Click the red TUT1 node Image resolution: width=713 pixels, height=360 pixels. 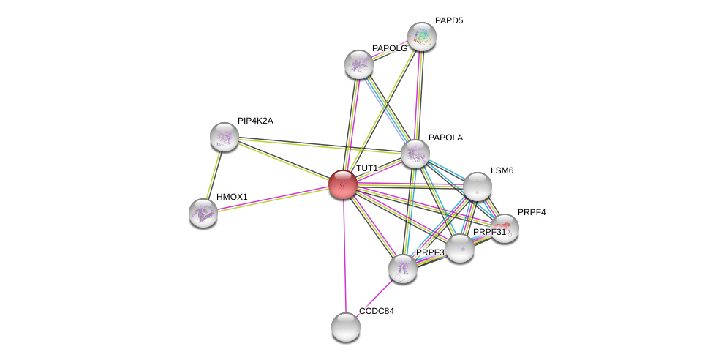[x=342, y=184]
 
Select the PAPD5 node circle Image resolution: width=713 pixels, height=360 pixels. [x=422, y=37]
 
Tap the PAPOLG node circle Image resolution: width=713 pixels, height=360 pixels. [x=359, y=64]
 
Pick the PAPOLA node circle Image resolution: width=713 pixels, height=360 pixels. [x=415, y=154]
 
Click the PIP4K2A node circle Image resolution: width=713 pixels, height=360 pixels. [x=225, y=137]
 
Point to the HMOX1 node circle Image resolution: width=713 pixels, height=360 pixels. [x=203, y=213]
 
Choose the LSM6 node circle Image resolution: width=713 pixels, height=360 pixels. [x=477, y=187]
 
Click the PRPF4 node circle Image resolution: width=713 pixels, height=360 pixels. [x=505, y=228]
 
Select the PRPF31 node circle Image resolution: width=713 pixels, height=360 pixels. [x=459, y=248]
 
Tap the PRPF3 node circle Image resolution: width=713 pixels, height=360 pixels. [x=403, y=269]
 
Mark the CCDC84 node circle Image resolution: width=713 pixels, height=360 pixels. [x=346, y=326]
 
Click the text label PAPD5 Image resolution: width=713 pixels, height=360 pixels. [x=449, y=20]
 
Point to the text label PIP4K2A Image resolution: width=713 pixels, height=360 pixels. [x=255, y=121]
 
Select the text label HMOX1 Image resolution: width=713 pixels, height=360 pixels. [x=232, y=197]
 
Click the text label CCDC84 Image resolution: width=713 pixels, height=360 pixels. [x=376, y=311]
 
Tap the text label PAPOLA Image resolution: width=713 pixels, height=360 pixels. [x=445, y=138]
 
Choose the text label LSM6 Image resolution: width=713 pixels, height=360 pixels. [x=502, y=170]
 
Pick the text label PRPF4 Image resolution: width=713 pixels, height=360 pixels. [x=532, y=212]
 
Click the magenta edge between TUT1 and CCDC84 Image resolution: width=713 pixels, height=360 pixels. [x=344, y=256]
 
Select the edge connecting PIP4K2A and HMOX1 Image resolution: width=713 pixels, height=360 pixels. [x=214, y=174]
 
